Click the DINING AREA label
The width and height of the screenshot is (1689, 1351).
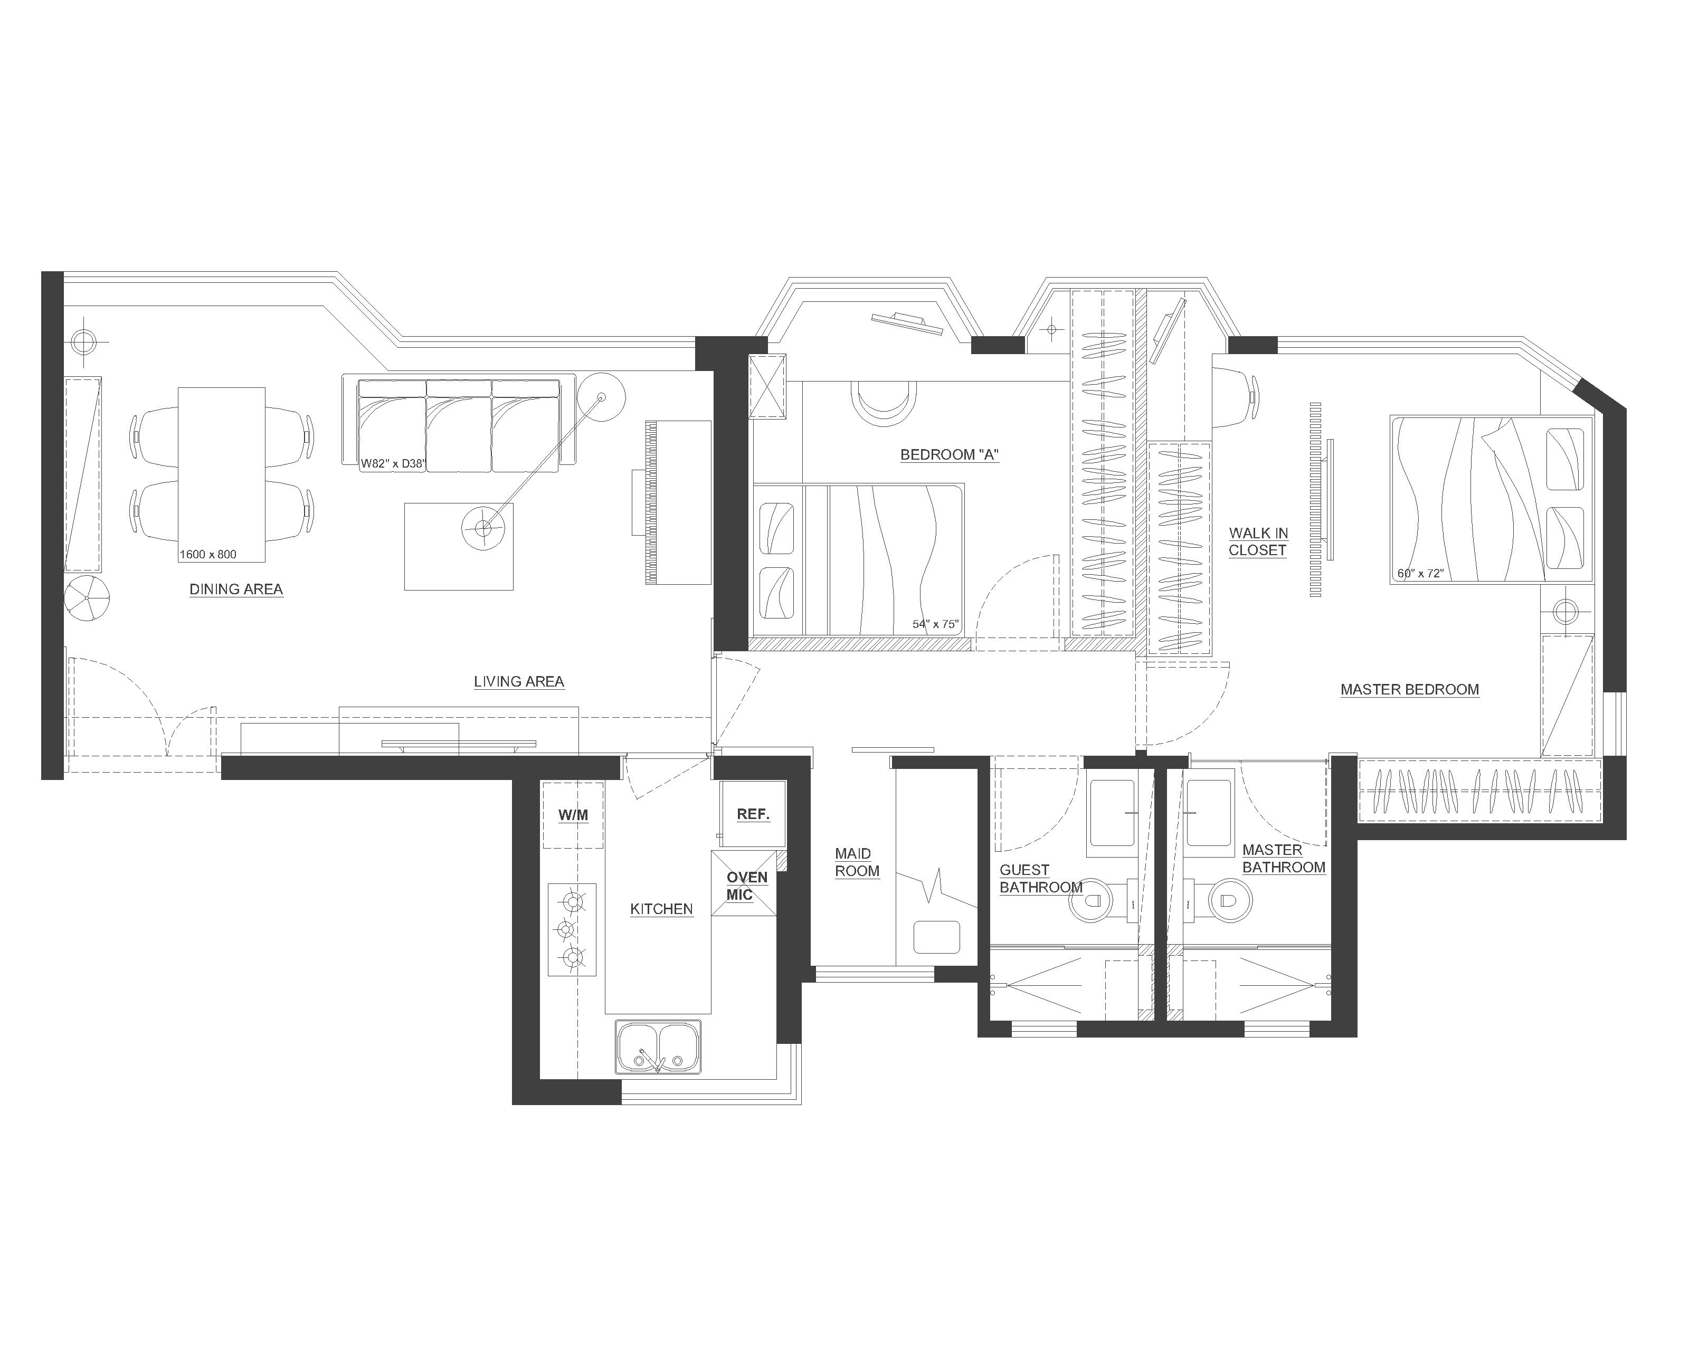(x=236, y=589)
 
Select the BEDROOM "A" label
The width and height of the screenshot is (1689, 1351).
(x=950, y=455)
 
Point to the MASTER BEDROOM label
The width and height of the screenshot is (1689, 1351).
(x=1409, y=690)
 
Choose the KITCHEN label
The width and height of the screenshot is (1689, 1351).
(x=661, y=909)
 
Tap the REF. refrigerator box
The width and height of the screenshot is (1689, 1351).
(x=753, y=814)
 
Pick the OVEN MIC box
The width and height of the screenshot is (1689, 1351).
(x=744, y=884)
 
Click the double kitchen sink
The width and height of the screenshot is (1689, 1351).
(x=658, y=1047)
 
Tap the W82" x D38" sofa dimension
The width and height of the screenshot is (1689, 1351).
(x=393, y=464)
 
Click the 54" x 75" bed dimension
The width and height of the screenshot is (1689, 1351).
(x=935, y=624)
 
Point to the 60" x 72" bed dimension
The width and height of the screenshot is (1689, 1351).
(x=1420, y=573)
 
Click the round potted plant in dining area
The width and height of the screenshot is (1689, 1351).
(x=87, y=599)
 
